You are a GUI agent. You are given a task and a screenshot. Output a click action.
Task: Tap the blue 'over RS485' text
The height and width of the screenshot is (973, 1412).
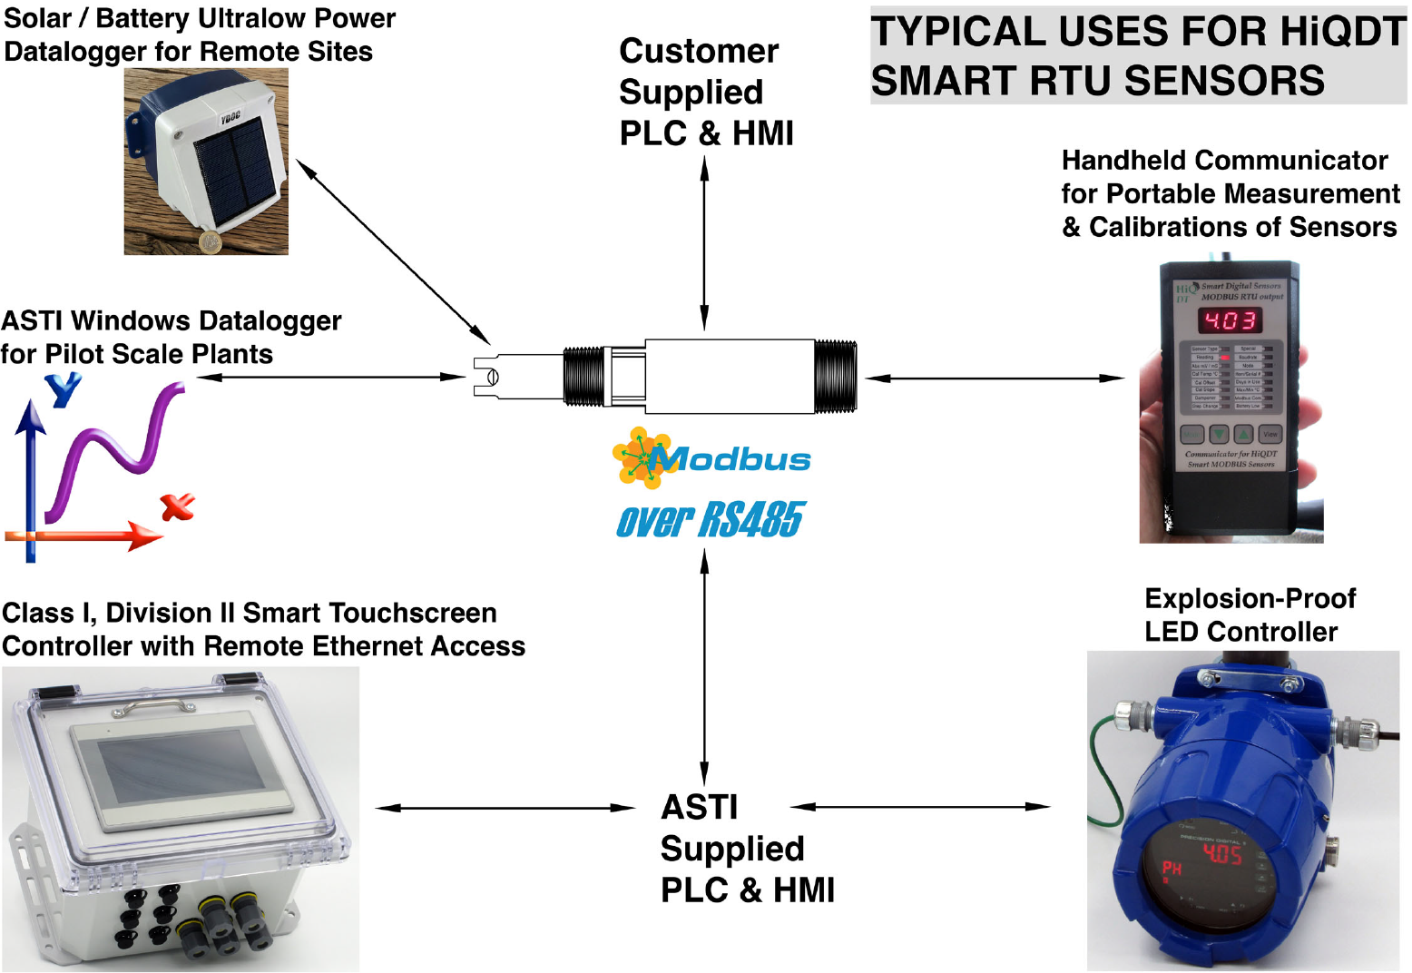(x=710, y=520)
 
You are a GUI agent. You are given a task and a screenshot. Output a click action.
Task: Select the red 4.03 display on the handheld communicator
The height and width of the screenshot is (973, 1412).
(x=1230, y=320)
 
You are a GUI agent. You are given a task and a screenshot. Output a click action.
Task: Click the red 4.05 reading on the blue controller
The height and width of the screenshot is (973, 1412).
(x=1221, y=854)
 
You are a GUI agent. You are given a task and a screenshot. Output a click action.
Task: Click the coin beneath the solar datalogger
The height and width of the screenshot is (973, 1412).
(x=211, y=241)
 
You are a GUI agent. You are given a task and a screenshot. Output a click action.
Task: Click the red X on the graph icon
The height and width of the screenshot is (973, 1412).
(x=178, y=506)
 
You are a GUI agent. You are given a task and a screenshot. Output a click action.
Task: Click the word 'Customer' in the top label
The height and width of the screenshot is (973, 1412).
(x=698, y=52)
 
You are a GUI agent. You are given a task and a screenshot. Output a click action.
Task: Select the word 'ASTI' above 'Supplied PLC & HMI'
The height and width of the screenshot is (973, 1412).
(x=699, y=807)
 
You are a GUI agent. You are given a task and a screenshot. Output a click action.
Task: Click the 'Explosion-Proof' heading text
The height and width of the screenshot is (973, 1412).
(x=1250, y=599)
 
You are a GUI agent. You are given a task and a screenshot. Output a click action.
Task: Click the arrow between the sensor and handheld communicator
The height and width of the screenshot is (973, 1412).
(x=995, y=378)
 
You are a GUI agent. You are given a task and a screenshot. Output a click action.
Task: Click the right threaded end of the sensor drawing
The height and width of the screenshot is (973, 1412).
(x=835, y=377)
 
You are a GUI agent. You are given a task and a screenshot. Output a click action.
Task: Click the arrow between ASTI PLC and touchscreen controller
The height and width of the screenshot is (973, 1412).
(x=505, y=807)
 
